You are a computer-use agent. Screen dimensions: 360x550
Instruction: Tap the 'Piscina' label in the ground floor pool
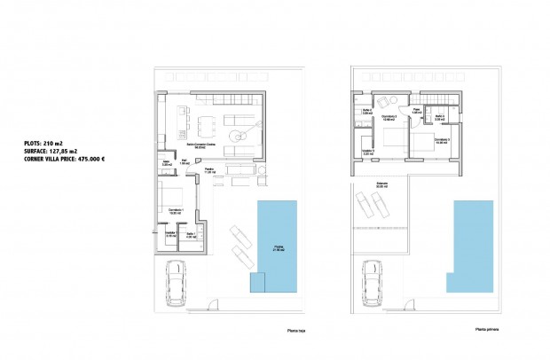coord(279,249)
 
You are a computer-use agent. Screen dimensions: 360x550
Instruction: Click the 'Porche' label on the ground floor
coord(211,168)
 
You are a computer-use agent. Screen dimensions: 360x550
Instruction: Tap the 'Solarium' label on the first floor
coord(381,185)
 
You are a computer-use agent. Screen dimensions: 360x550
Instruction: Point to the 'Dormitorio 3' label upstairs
coord(442,140)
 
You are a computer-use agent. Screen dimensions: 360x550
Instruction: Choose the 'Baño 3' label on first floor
coord(439,116)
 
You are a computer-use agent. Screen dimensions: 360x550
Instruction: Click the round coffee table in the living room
coord(236,135)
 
